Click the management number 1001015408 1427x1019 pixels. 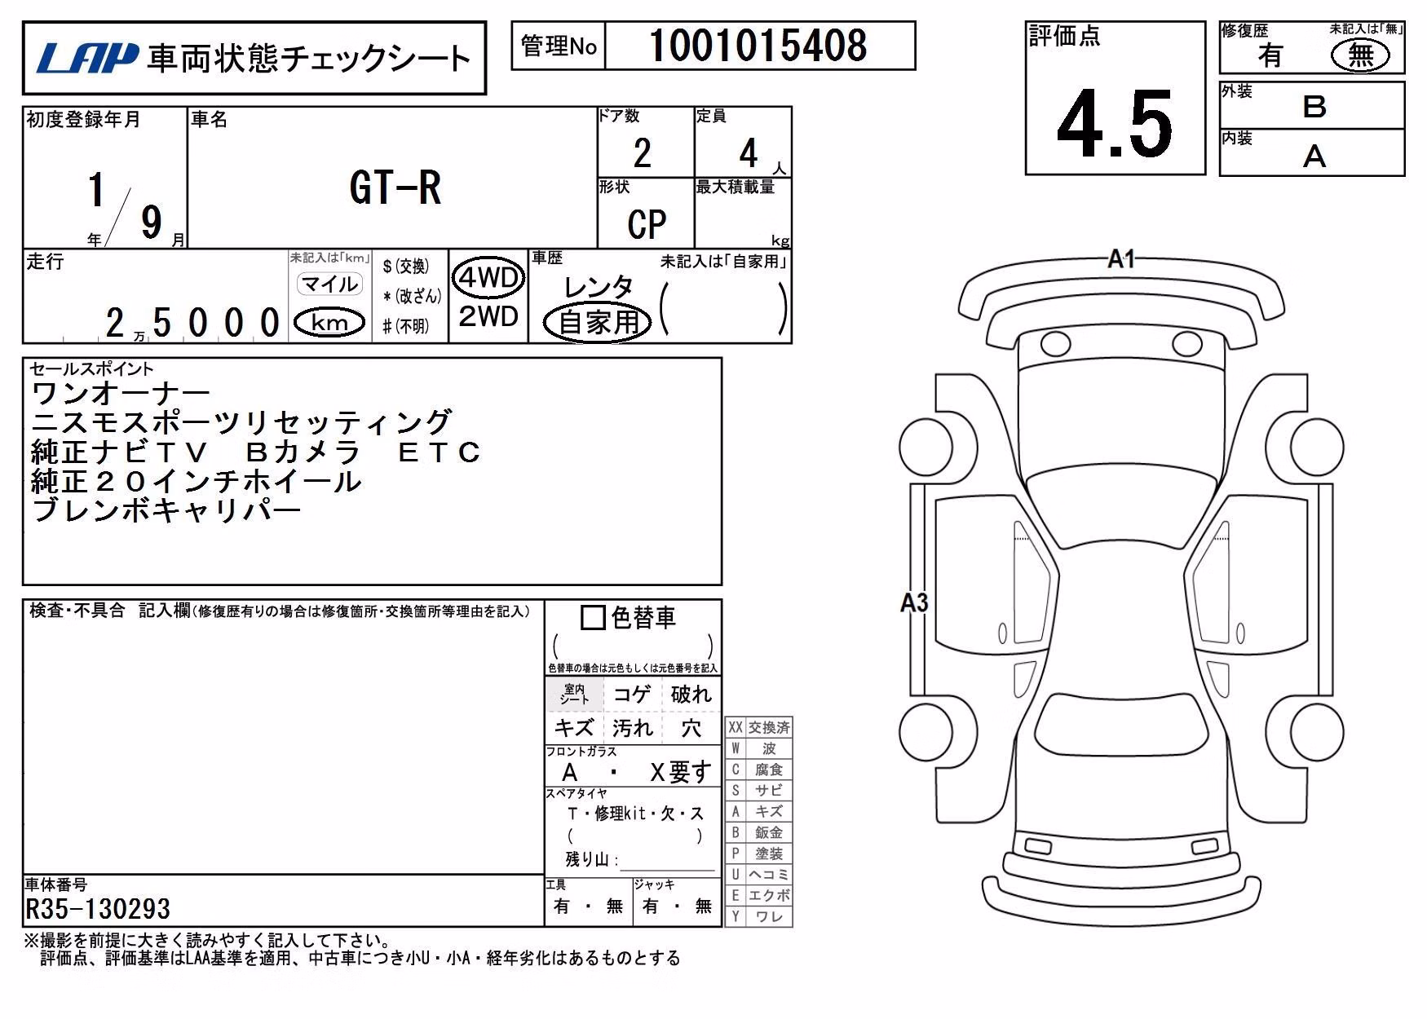coord(758,46)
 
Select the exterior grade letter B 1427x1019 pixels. coord(1314,107)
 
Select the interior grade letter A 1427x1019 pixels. coord(1314,156)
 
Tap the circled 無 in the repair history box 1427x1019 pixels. coord(1360,55)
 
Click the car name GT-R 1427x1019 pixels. coord(395,188)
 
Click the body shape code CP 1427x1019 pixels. coord(647,224)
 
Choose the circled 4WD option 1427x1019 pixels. coord(488,278)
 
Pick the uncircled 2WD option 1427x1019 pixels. coord(488,316)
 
